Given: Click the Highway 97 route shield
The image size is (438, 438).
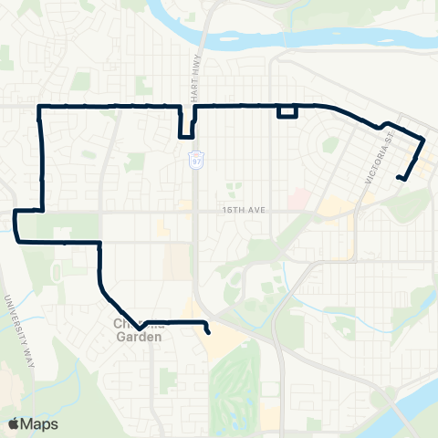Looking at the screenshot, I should point(197,160).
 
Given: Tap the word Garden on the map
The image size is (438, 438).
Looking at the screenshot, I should point(139,336).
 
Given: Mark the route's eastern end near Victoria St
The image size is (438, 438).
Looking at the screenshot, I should point(399,177).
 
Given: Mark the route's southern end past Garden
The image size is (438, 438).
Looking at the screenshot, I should point(209,332).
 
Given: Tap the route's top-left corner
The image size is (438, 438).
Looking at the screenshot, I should point(39,108).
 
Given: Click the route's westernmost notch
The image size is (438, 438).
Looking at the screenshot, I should point(16,224).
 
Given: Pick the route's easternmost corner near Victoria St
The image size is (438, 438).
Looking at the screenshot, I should point(424,140).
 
